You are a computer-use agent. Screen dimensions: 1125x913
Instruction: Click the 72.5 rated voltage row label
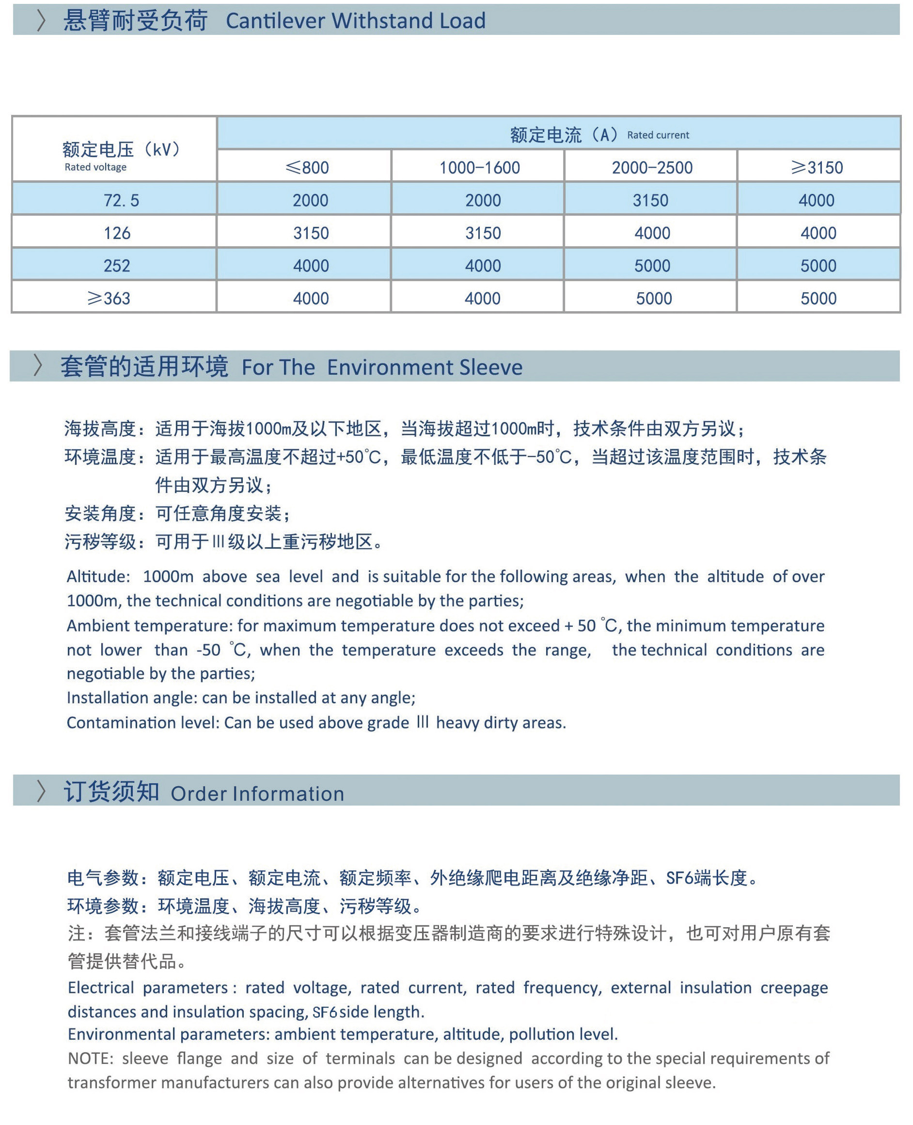tap(121, 200)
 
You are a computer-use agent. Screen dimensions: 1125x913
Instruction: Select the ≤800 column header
tap(307, 168)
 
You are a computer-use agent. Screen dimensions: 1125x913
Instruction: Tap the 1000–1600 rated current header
tap(479, 168)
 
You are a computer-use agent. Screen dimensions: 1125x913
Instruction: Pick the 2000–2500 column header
tap(652, 168)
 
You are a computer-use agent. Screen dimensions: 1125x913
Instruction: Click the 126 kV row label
tap(117, 233)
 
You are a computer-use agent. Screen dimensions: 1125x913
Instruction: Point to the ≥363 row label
tap(109, 298)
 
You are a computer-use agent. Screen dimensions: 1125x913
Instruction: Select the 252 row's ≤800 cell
tap(311, 266)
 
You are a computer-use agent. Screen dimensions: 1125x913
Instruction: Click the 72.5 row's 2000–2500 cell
tap(650, 200)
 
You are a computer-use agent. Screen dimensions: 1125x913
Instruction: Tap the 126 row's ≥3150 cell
tap(818, 233)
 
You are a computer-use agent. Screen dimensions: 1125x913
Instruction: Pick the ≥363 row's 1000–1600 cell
tap(482, 298)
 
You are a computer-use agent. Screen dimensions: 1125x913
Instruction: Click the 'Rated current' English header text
tap(658, 135)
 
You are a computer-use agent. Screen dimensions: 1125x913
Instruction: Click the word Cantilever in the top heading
tap(276, 21)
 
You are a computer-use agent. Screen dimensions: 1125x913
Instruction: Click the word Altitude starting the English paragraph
tap(98, 576)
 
